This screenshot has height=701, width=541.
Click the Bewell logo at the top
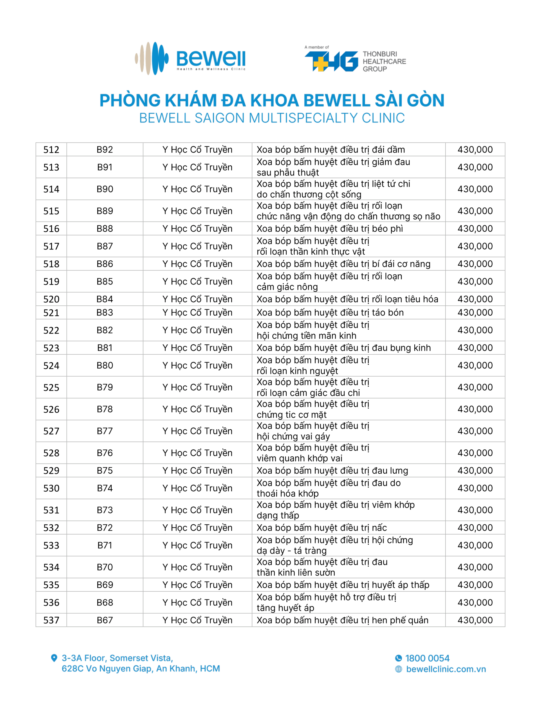(x=190, y=58)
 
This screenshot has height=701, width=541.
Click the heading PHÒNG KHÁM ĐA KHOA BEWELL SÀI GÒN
(x=272, y=100)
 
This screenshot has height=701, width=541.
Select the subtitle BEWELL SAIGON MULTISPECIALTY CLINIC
(x=272, y=118)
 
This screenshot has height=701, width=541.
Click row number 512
(x=51, y=150)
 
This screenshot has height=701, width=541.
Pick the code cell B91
(x=104, y=167)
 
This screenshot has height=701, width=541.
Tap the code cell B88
(x=104, y=229)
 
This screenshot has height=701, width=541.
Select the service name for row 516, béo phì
(x=329, y=229)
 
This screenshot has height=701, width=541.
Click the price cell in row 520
(x=475, y=299)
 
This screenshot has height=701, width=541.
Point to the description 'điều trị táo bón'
(x=330, y=313)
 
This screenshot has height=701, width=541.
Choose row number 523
(x=51, y=348)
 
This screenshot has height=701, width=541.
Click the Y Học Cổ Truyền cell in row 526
(x=197, y=409)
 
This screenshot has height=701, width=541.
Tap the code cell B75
(x=104, y=470)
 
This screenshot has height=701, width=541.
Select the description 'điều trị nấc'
(x=322, y=528)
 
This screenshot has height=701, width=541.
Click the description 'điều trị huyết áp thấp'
(x=342, y=585)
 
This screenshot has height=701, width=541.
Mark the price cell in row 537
(x=475, y=620)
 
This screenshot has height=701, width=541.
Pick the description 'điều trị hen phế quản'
(x=342, y=620)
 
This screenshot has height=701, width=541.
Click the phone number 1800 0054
(x=427, y=658)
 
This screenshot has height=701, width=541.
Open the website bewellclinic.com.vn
(x=446, y=669)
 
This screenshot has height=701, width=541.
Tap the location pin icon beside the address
(x=54, y=658)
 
